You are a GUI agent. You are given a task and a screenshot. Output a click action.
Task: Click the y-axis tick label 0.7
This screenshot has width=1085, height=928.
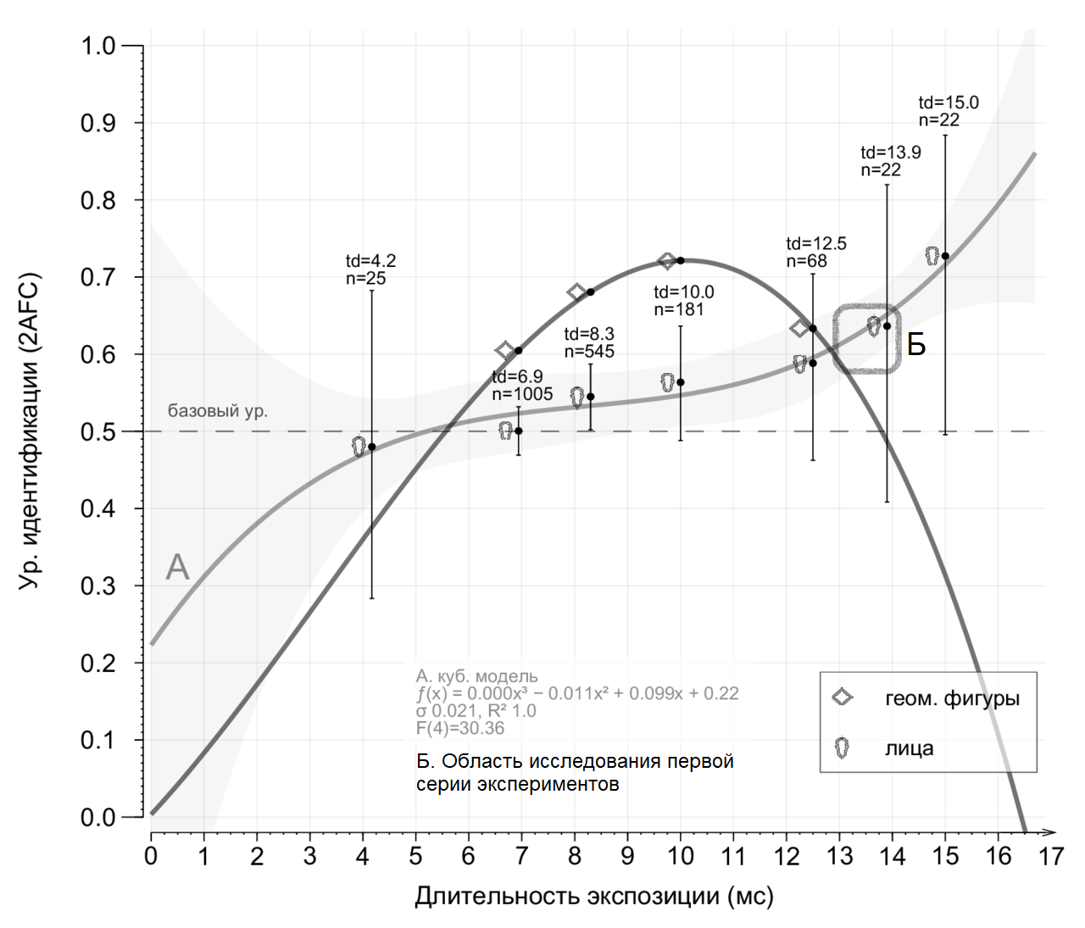[97, 277]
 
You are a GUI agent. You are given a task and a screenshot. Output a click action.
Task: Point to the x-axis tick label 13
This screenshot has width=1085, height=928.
[839, 857]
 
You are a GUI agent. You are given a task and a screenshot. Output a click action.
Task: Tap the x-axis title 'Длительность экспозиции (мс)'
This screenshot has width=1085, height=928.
[593, 896]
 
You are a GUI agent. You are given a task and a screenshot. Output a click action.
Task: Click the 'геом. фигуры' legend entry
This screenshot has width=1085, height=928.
[952, 699]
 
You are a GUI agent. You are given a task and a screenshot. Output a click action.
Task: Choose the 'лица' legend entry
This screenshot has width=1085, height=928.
[909, 748]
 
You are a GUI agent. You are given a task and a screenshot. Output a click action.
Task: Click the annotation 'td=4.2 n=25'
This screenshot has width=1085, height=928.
[370, 269]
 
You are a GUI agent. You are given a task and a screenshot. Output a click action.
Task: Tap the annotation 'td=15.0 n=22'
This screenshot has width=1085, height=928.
[948, 111]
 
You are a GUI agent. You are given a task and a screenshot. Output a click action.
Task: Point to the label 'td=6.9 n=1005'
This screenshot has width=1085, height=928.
[522, 385]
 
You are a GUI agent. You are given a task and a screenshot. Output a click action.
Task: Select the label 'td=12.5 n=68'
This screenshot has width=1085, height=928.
[815, 252]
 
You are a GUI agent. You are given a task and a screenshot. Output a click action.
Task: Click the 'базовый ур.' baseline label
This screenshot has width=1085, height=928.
[217, 411]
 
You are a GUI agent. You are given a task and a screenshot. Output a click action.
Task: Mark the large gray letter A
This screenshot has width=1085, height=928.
[177, 567]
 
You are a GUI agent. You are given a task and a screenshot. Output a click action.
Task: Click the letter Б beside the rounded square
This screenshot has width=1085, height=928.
[916, 345]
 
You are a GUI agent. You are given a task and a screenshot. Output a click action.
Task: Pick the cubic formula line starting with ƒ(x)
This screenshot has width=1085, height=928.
[577, 693]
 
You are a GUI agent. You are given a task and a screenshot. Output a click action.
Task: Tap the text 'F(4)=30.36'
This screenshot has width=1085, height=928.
[459, 728]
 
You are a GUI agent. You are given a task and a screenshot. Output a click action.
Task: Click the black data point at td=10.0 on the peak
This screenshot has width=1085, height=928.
[680, 260]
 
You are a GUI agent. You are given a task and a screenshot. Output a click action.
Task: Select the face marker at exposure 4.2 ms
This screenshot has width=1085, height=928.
[359, 447]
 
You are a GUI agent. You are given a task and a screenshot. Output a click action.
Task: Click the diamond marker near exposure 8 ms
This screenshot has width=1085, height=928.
[576, 292]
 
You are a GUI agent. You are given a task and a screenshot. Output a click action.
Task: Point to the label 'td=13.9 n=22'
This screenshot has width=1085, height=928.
[890, 161]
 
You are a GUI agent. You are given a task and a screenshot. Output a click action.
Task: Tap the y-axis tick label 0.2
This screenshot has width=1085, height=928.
[97, 663]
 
